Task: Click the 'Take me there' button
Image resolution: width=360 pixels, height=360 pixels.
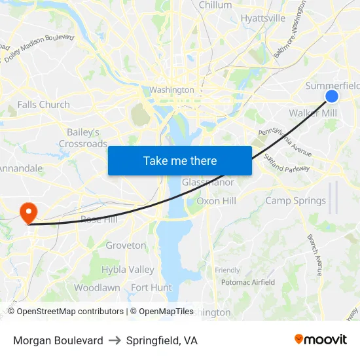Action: (180, 160)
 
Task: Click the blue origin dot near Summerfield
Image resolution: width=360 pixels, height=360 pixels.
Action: (332, 96)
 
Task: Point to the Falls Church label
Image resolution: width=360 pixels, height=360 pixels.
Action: (43, 104)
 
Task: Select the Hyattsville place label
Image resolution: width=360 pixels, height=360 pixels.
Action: (263, 18)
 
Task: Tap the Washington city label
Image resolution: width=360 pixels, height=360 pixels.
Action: (171, 90)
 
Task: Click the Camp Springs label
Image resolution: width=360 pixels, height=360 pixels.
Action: (295, 201)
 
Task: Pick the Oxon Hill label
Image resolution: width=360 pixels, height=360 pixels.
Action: (216, 201)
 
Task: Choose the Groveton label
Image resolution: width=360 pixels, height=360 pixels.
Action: (126, 245)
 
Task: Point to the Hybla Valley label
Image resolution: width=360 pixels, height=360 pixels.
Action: (128, 270)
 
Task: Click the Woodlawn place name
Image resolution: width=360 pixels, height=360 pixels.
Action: (97, 287)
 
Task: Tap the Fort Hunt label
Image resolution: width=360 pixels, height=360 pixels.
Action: (151, 287)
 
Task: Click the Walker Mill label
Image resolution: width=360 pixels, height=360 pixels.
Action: (313, 113)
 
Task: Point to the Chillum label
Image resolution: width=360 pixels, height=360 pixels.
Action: (215, 5)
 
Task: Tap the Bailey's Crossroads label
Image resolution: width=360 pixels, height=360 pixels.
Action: (83, 138)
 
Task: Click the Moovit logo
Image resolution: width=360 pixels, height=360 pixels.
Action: (320, 340)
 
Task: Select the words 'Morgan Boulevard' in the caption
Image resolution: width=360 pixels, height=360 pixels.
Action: (58, 340)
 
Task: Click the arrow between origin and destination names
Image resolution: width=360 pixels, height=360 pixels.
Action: (115, 340)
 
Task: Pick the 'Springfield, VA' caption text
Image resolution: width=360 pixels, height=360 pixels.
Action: (162, 340)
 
